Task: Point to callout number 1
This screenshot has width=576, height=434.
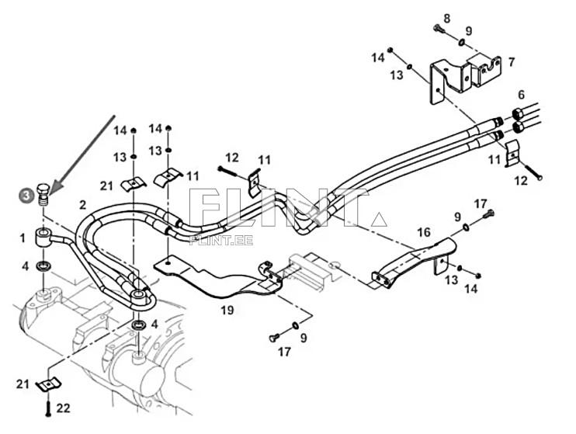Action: [23, 237]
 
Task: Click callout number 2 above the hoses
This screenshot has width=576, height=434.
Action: [82, 204]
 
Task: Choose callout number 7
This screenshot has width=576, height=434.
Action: [511, 61]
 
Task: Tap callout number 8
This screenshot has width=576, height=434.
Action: [446, 18]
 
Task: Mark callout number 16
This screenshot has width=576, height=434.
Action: [424, 232]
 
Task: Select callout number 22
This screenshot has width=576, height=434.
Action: [64, 408]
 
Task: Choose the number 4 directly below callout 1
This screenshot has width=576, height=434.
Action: [25, 266]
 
